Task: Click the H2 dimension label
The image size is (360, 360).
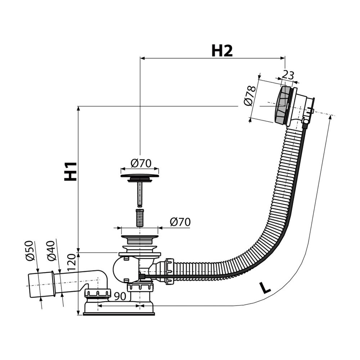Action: click(x=222, y=51)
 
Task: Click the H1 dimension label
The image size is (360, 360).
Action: click(x=71, y=171)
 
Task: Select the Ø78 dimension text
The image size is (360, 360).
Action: click(x=249, y=96)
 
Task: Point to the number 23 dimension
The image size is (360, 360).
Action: click(x=288, y=75)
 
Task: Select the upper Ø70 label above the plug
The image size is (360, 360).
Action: click(x=140, y=163)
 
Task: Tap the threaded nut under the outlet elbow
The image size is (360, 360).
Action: click(x=98, y=293)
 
